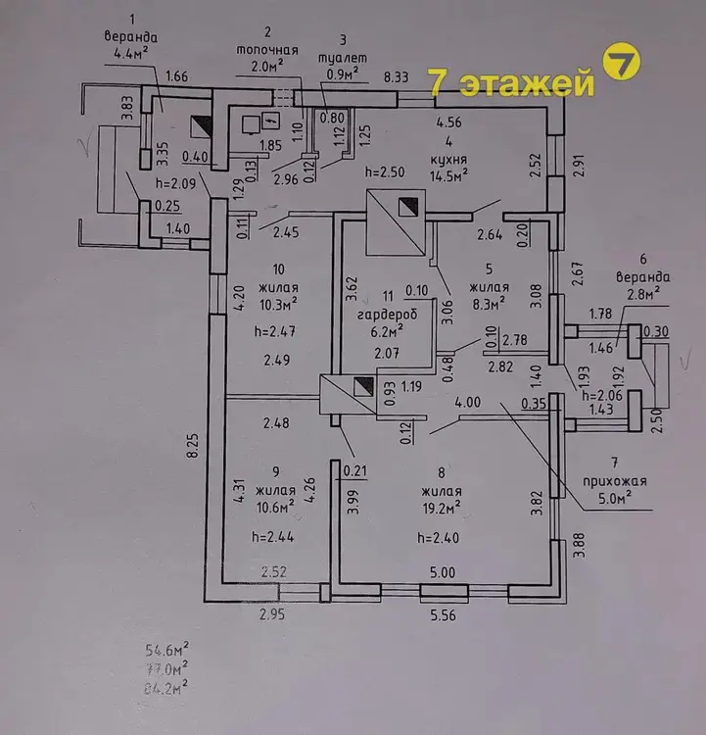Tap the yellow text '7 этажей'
click(512, 85)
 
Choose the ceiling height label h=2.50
click(384, 171)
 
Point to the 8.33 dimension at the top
click(396, 76)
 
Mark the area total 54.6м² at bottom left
click(165, 649)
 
